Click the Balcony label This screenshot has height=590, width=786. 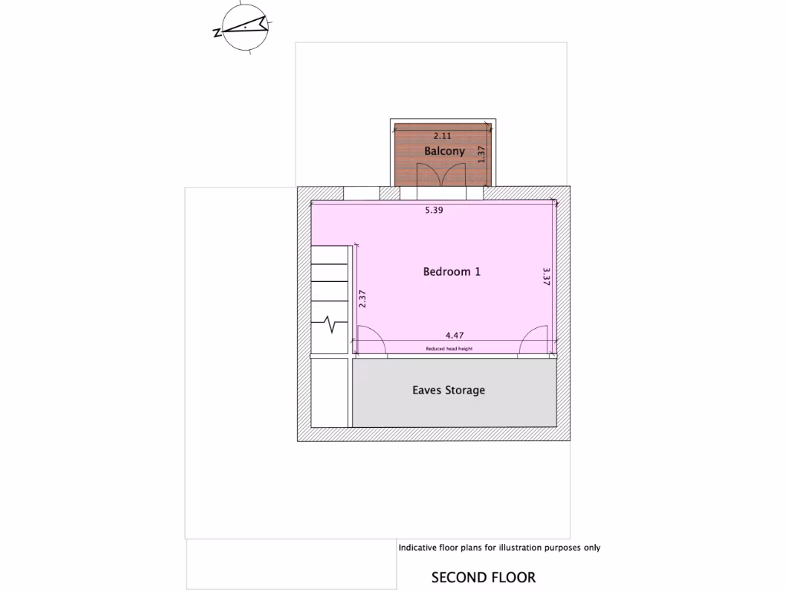pyautogui.click(x=444, y=151)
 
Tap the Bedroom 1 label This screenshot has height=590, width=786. pyautogui.click(x=452, y=271)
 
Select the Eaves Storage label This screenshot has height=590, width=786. pyautogui.click(x=449, y=390)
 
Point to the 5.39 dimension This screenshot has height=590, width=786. pyautogui.click(x=434, y=209)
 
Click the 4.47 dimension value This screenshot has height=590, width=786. pyautogui.click(x=455, y=335)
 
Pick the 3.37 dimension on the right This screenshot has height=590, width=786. pyautogui.click(x=546, y=277)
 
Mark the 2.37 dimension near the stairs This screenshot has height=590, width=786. pyautogui.click(x=362, y=298)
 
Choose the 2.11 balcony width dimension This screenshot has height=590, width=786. pyautogui.click(x=442, y=136)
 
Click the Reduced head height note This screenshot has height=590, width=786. pyautogui.click(x=449, y=349)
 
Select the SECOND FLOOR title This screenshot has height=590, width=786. pyautogui.click(x=484, y=578)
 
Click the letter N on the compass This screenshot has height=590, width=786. pyautogui.click(x=217, y=32)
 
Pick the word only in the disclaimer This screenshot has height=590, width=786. pyautogui.click(x=591, y=548)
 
